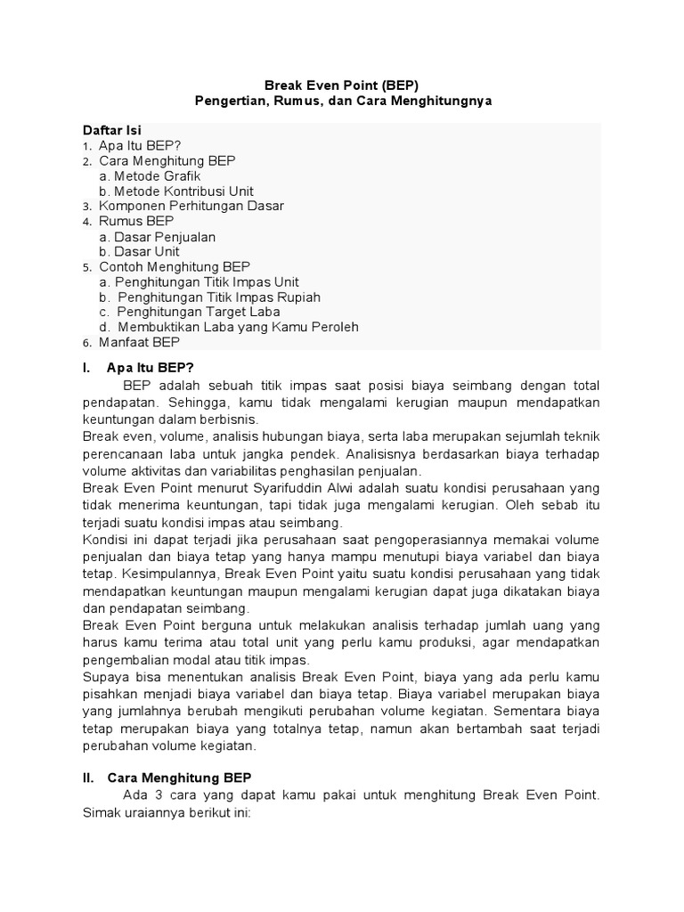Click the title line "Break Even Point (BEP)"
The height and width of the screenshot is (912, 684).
(343, 85)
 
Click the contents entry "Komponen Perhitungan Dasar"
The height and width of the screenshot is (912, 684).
(191, 206)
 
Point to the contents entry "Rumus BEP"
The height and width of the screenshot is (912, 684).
(136, 221)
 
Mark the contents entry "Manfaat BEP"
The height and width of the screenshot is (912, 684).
(140, 342)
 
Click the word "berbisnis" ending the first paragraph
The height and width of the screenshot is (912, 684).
(229, 419)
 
